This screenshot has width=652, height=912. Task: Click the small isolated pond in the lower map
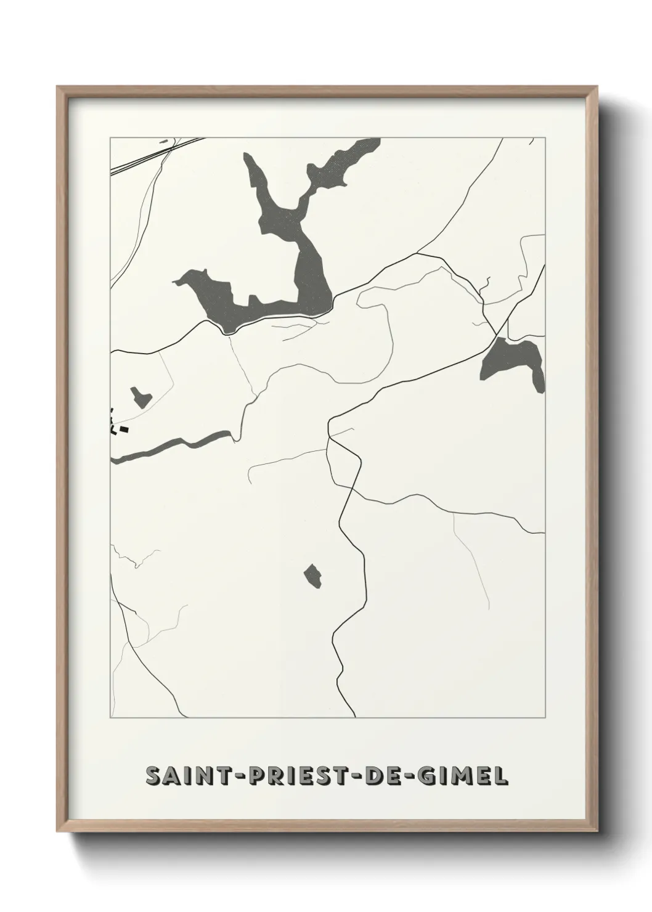click(314, 576)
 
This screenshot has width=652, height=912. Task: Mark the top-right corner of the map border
click(545, 138)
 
